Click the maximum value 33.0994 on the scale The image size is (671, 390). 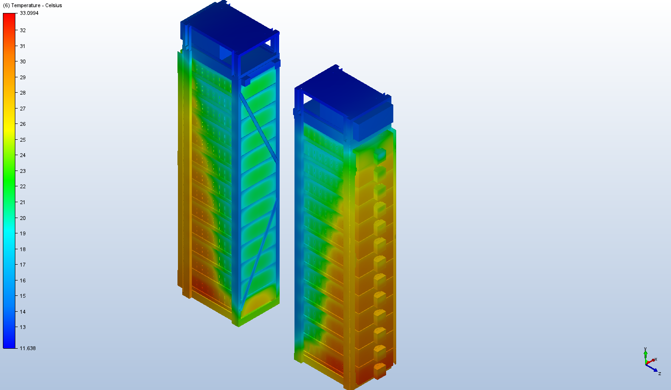29,13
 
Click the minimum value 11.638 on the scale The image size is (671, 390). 27,348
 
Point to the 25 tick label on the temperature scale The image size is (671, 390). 23,140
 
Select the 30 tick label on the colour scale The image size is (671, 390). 23,61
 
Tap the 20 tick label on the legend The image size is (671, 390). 23,218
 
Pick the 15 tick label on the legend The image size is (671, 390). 23,296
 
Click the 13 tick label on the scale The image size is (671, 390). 23,327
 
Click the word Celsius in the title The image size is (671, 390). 54,5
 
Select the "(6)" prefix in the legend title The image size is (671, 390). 6,5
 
